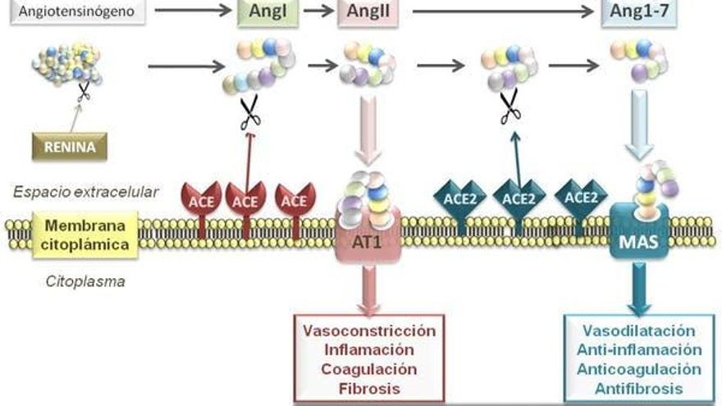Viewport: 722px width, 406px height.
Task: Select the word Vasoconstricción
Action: pos(368,331)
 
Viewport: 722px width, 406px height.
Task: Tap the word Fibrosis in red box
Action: pos(368,388)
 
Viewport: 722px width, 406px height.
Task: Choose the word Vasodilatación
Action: pos(639,331)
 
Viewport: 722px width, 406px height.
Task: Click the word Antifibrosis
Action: pos(639,388)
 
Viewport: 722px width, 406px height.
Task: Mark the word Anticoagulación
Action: pos(639,369)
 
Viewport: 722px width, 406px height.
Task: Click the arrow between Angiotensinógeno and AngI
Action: pos(192,11)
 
